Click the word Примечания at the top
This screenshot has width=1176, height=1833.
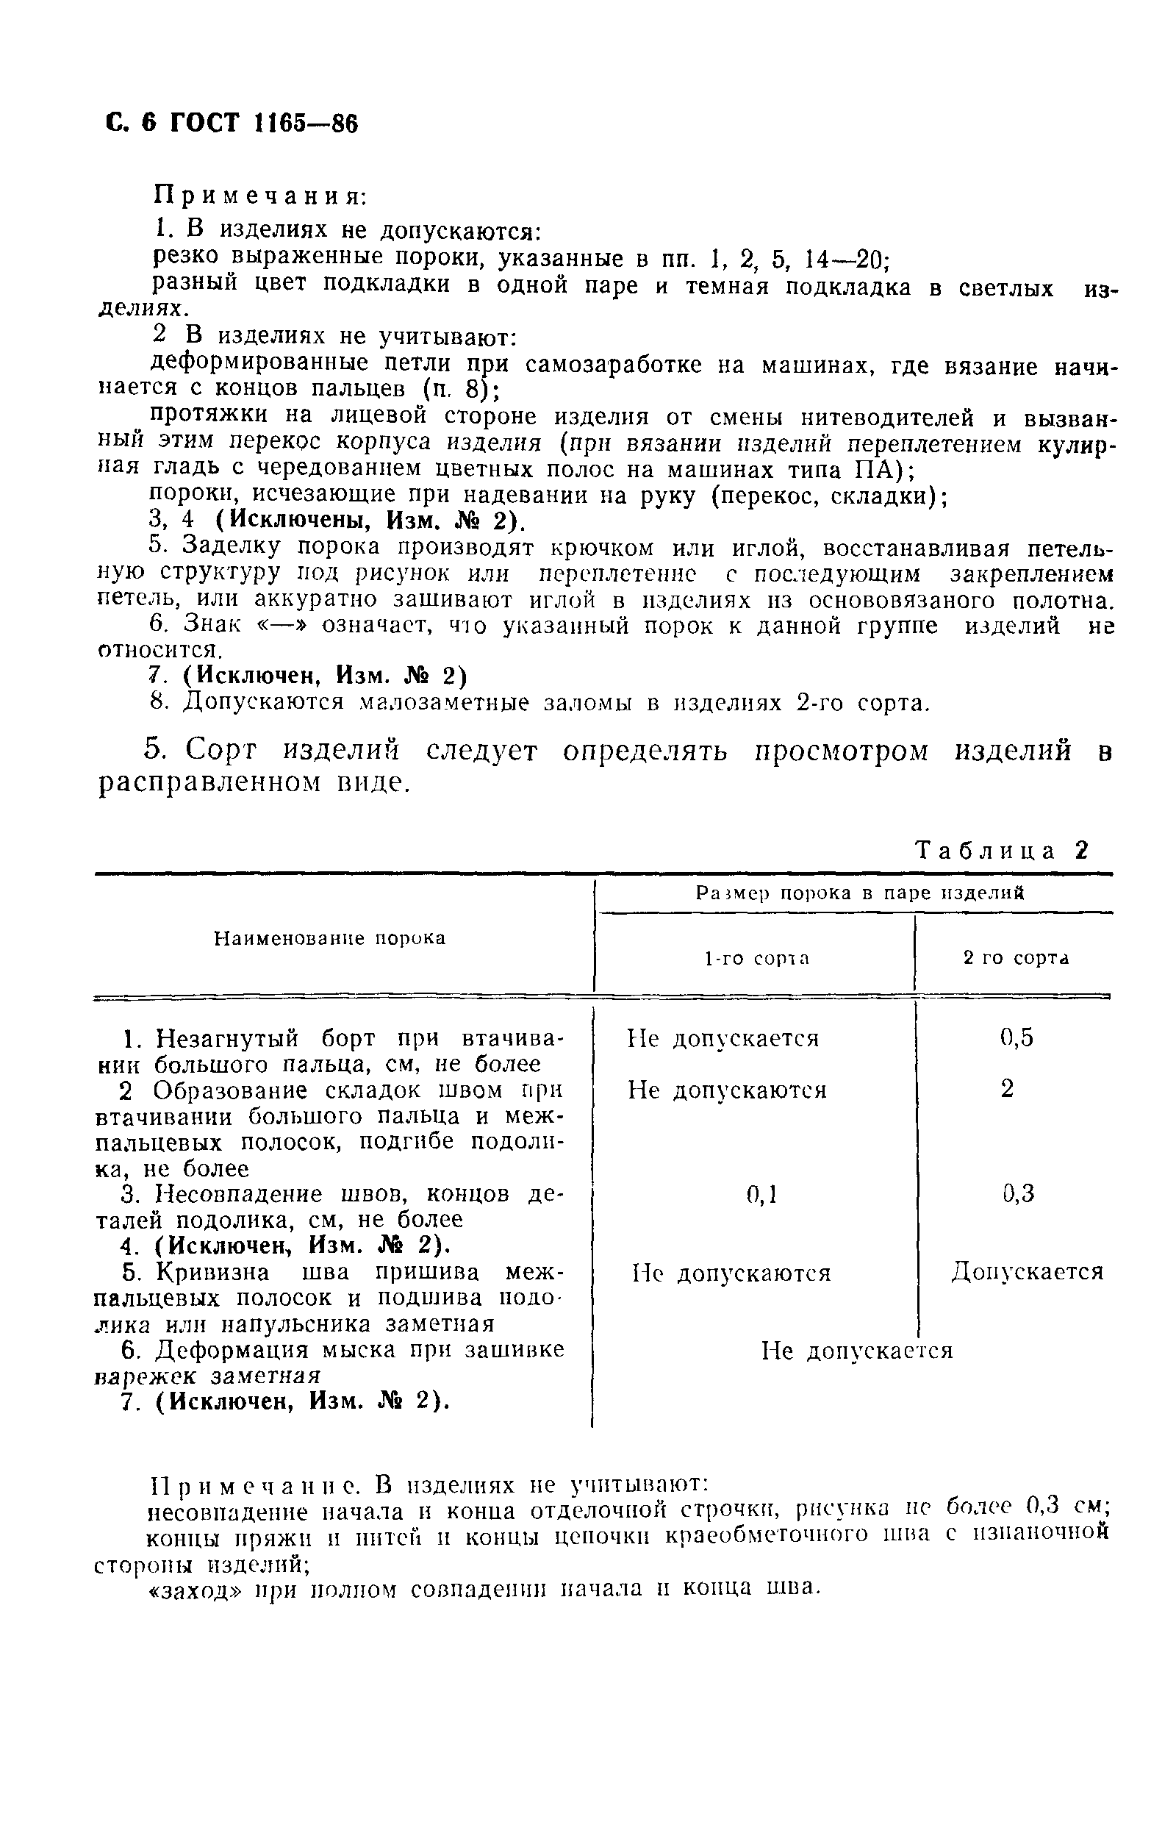(260, 196)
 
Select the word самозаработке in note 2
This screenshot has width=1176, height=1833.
(614, 363)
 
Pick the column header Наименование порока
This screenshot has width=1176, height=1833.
(330, 938)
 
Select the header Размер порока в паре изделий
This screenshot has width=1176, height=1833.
(859, 893)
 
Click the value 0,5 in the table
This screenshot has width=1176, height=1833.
(1017, 1037)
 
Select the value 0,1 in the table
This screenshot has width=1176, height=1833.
(761, 1194)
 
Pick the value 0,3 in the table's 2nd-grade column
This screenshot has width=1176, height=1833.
(1018, 1193)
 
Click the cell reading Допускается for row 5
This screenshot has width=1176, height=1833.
(1027, 1272)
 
